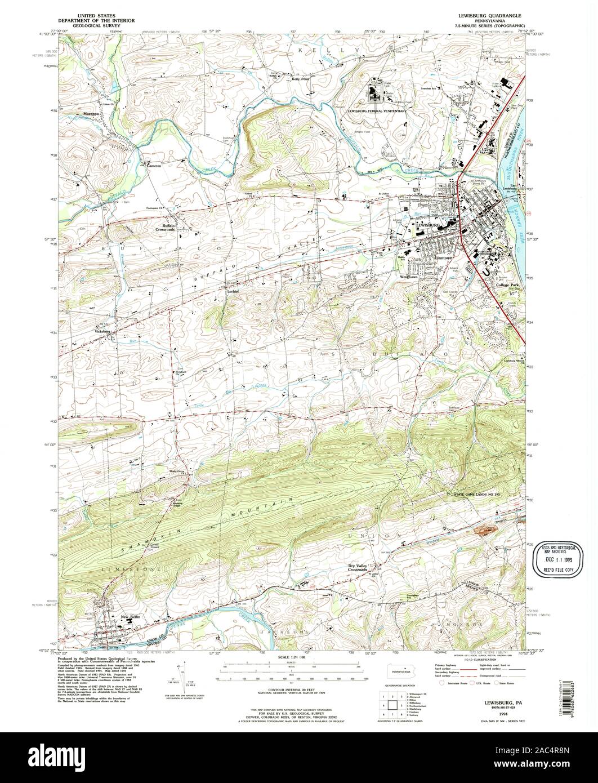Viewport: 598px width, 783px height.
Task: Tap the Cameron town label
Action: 154,166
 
